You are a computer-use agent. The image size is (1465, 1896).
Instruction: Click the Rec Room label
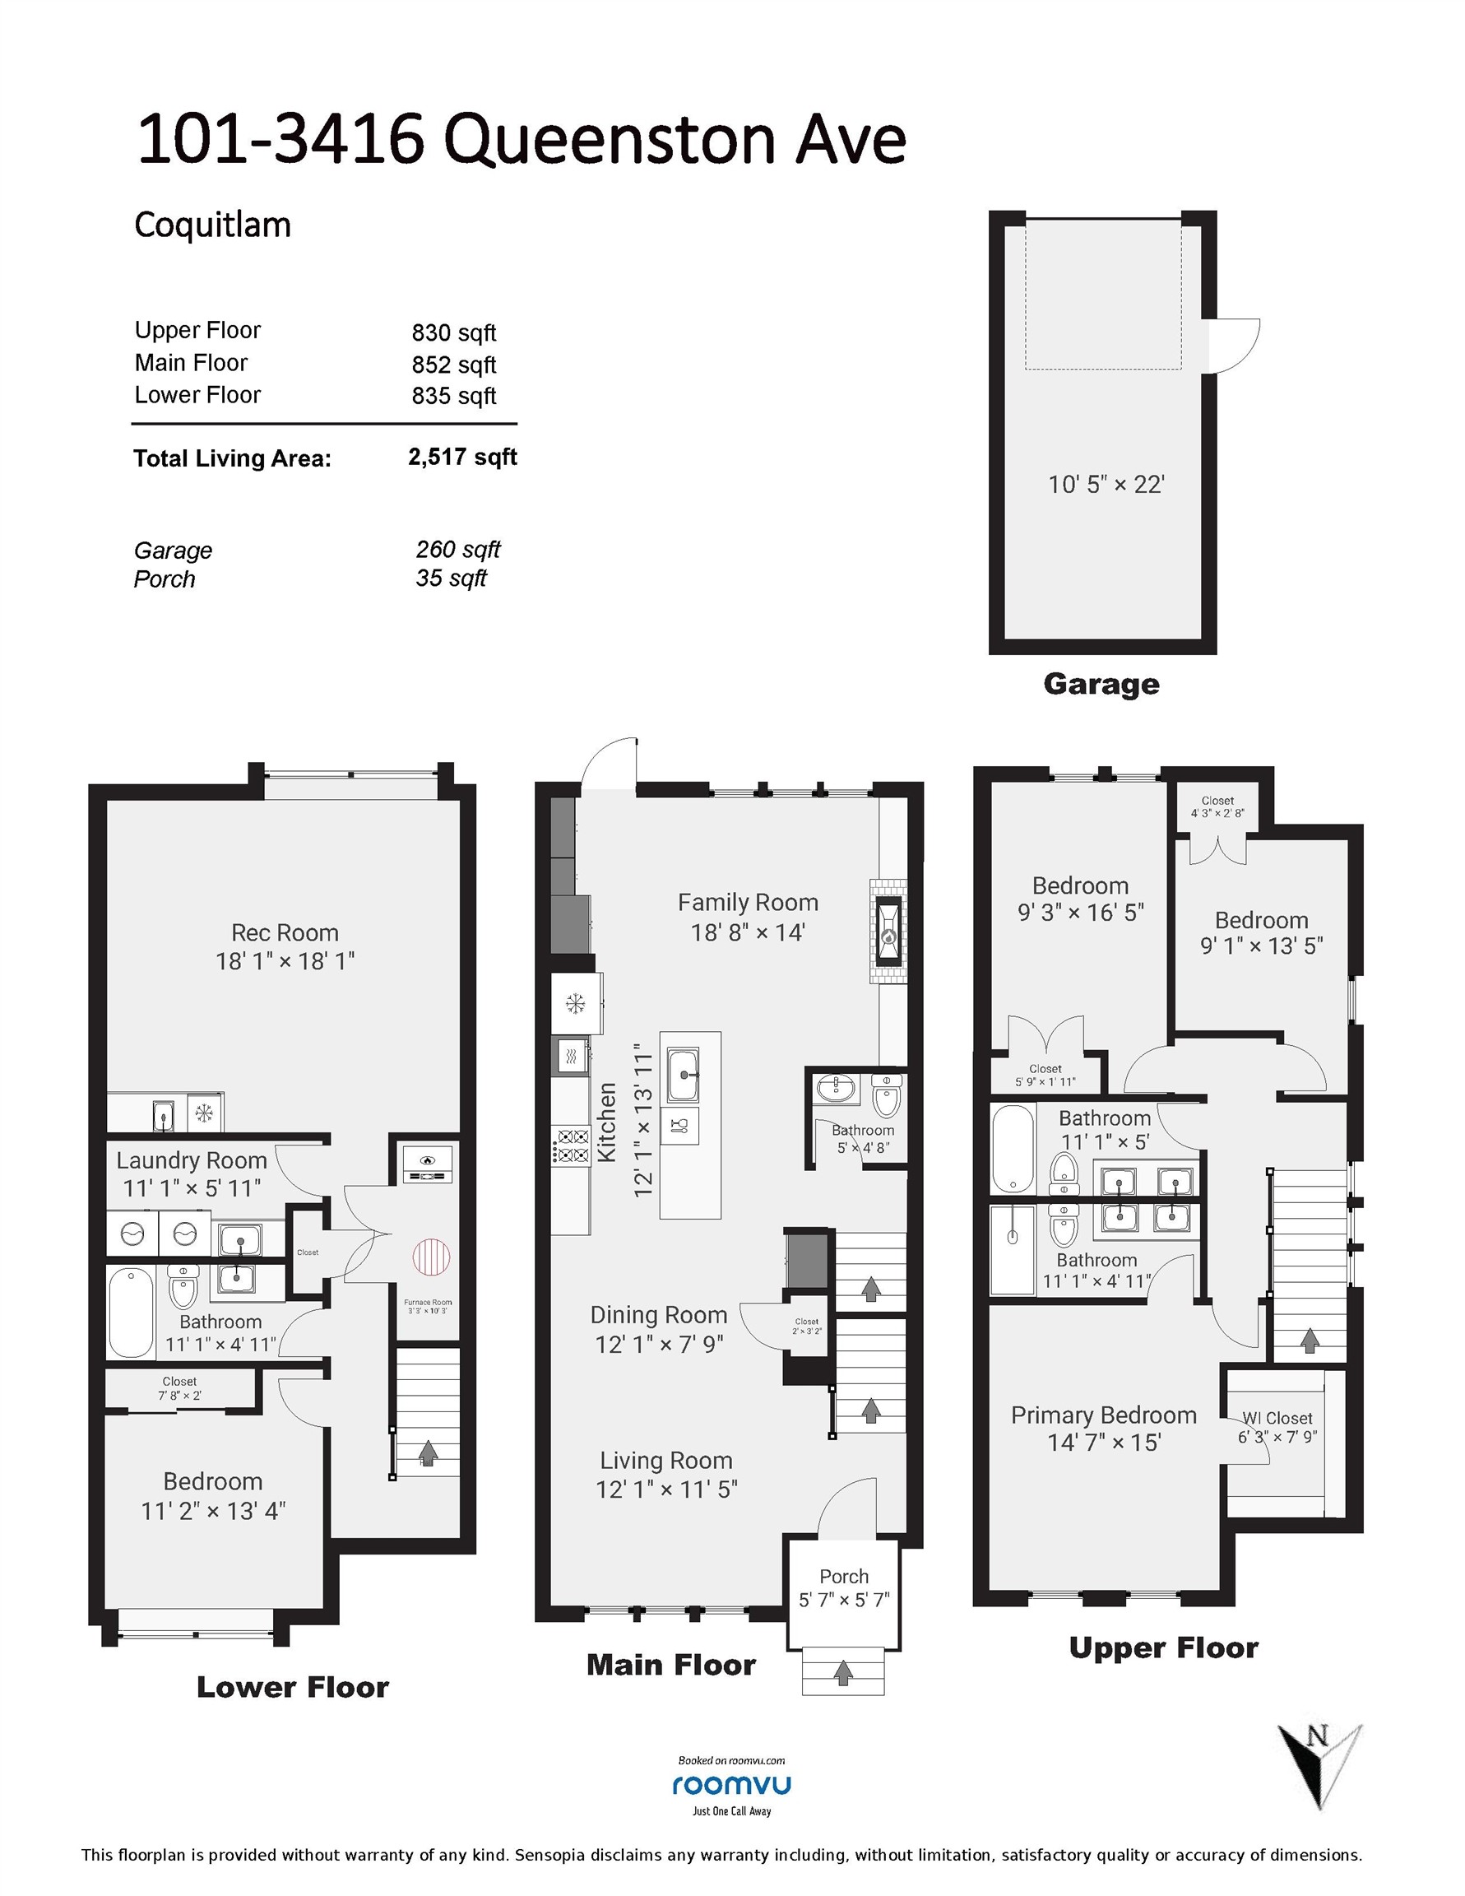tap(285, 932)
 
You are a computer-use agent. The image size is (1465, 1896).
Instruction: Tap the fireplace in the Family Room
tap(888, 932)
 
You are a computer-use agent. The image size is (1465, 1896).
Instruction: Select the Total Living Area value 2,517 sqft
tap(462, 458)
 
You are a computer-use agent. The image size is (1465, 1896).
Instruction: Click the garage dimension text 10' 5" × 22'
tap(1106, 484)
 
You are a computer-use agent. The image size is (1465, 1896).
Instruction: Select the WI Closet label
tap(1277, 1418)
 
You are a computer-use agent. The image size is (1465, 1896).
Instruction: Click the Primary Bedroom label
tap(1103, 1415)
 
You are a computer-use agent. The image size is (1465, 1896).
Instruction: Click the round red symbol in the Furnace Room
tap(431, 1257)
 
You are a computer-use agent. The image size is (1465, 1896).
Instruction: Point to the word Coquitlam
tap(212, 225)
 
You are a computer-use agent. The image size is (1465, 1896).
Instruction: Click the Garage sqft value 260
tap(458, 550)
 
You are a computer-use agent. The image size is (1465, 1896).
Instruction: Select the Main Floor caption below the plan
tap(671, 1665)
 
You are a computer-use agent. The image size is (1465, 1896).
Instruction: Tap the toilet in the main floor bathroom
tap(886, 1096)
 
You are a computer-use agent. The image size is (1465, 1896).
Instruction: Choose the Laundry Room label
tap(192, 1160)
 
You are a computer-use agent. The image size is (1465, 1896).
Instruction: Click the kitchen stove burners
tap(572, 1145)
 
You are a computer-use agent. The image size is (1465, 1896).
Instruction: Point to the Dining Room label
tap(659, 1315)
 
